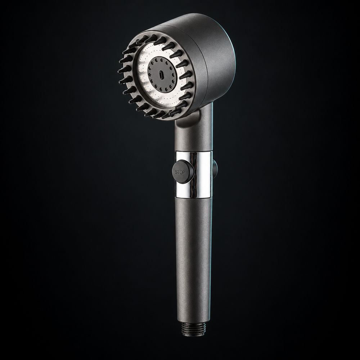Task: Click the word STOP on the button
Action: [x=180, y=172]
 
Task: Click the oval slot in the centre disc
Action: [x=161, y=75]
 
